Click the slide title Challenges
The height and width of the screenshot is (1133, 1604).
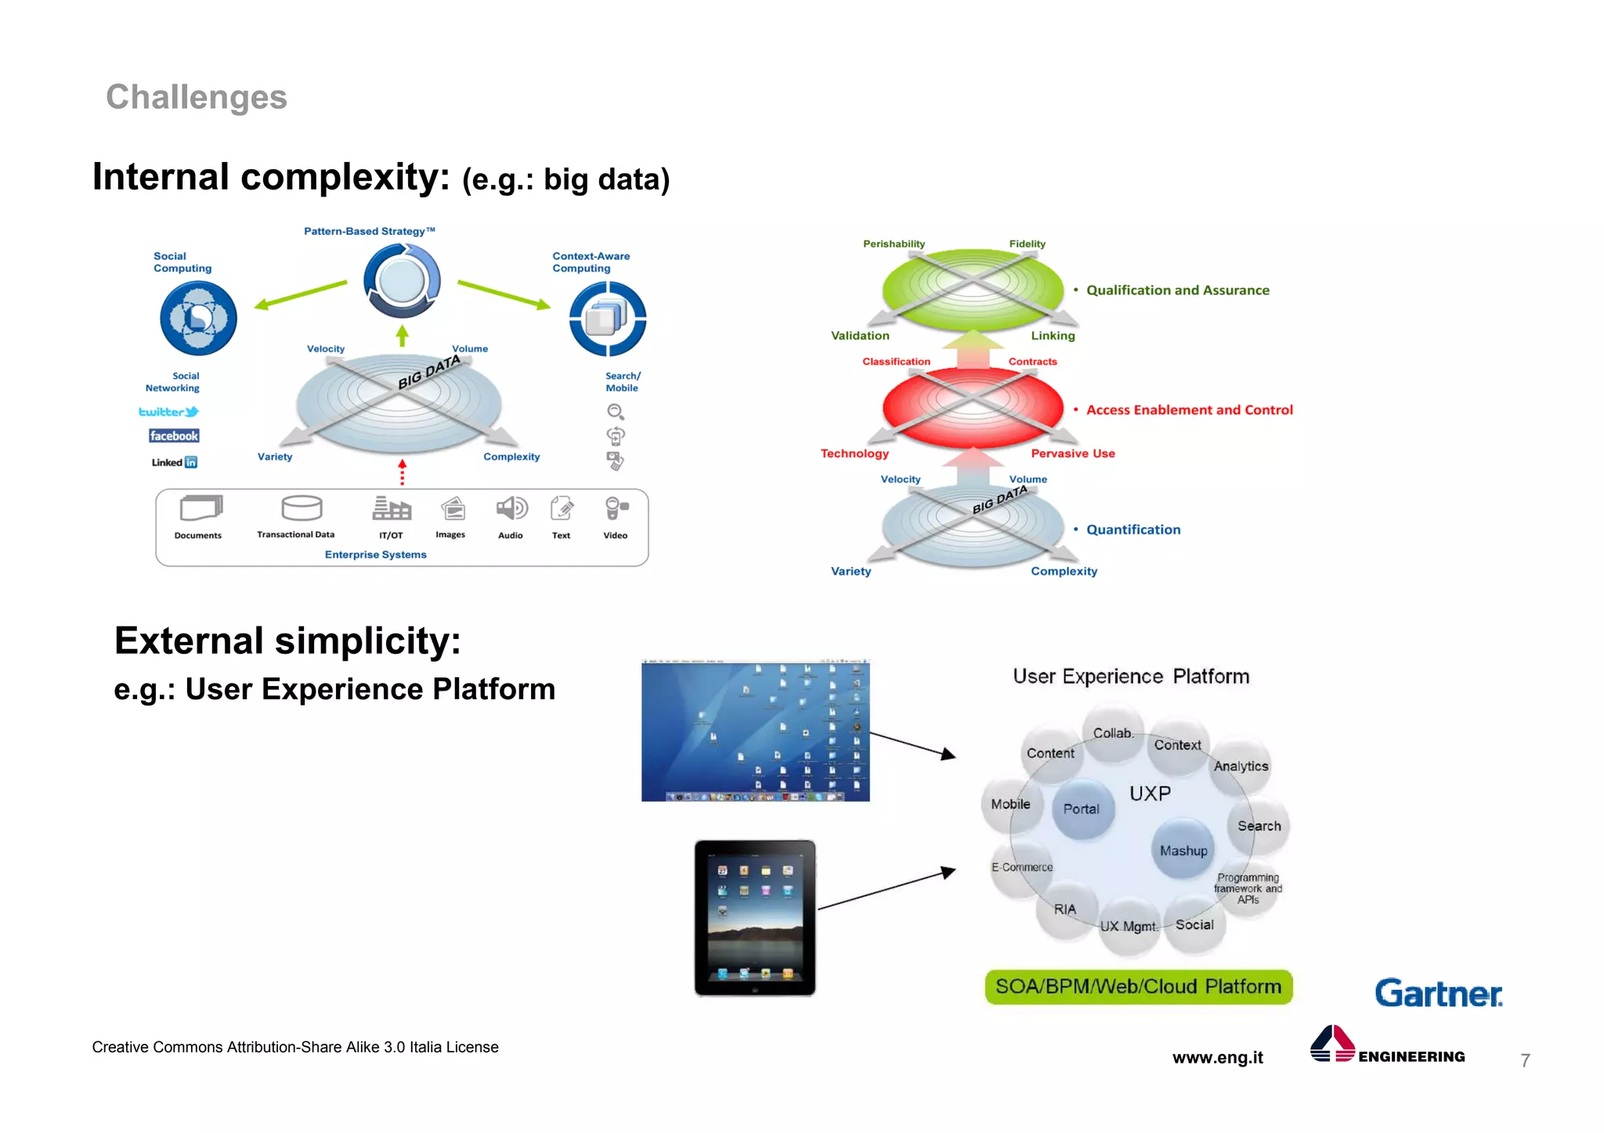[x=196, y=97]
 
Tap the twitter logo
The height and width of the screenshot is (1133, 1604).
[x=168, y=412]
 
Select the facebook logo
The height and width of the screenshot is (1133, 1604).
[x=174, y=436]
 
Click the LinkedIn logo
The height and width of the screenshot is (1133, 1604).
[x=175, y=462]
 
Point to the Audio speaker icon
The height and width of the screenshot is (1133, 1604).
[x=511, y=509]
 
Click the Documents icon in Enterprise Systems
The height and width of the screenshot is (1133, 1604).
[x=200, y=508]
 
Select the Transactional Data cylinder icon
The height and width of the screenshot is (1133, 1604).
[x=302, y=508]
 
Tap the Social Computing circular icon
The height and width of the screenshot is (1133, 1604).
[x=198, y=318]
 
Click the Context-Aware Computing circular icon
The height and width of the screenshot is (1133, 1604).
[x=607, y=318]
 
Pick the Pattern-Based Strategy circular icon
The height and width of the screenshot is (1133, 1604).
[x=402, y=280]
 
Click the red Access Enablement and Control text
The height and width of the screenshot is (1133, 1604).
[x=1189, y=410]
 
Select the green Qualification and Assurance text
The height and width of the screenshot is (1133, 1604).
[x=1177, y=290]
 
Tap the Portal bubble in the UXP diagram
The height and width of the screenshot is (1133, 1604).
[x=1082, y=809]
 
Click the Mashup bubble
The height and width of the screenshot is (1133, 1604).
[x=1183, y=850]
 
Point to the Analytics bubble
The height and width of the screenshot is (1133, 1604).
[x=1241, y=766]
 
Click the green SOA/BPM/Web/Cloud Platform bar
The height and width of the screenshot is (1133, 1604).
[x=1138, y=987]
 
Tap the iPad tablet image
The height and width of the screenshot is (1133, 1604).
[x=755, y=918]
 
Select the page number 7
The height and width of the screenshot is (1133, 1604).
[x=1524, y=1060]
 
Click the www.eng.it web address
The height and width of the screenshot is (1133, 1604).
[x=1217, y=1057]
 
